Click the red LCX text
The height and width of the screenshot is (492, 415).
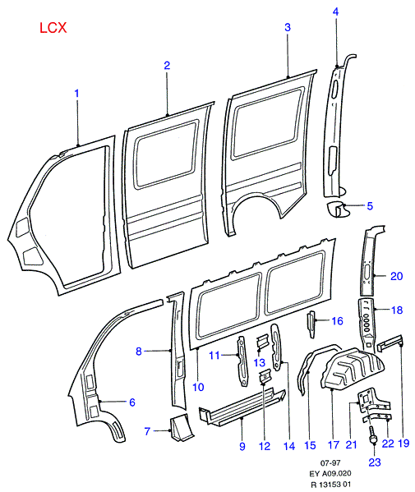53,28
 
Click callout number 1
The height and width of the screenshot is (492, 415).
76,93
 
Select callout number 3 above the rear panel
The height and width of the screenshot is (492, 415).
288,27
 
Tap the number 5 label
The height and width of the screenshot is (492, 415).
370,206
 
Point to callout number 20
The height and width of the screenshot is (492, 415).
396,276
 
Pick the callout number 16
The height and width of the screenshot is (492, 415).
337,320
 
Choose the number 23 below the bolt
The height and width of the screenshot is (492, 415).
375,462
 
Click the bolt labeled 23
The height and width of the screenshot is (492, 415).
373,435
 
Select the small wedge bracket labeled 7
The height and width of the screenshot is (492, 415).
182,427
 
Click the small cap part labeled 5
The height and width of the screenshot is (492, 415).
338,209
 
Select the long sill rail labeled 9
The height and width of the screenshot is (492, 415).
242,408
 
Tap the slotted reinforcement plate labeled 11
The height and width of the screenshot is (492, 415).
242,361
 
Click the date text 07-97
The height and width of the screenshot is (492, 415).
330,462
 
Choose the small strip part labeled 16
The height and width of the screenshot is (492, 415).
311,324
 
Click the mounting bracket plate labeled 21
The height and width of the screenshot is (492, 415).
368,399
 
